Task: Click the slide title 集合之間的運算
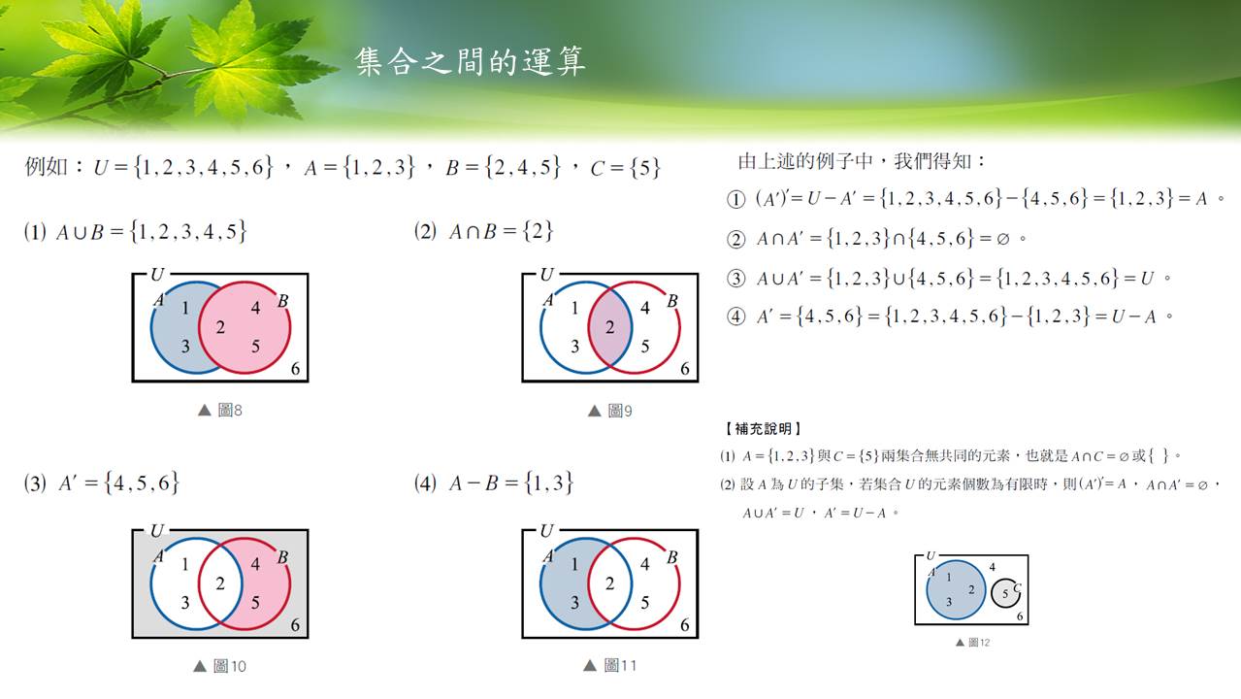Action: (471, 61)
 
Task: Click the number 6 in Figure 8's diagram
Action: (295, 369)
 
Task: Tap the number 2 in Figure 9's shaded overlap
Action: (610, 327)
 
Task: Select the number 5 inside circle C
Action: (1005, 594)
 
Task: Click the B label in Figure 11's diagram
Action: (672, 557)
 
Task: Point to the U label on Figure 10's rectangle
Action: (157, 531)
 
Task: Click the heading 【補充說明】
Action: (763, 428)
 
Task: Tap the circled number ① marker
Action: (735, 200)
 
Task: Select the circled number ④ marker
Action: (735, 317)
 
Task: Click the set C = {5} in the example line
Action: (626, 167)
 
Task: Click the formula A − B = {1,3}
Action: (510, 483)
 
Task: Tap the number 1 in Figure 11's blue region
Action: (574, 564)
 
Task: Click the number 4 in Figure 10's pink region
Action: (255, 564)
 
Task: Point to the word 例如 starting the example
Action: (46, 166)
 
